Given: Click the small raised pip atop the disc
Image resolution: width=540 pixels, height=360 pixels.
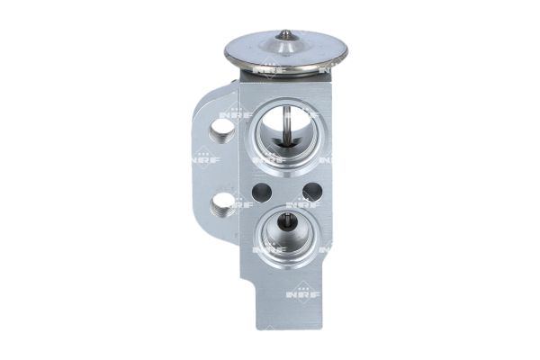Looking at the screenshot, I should point(284,35).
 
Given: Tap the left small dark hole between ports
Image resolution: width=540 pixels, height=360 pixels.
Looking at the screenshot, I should point(260,191).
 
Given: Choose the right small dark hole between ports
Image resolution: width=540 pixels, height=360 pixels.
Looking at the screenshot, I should point(312,191).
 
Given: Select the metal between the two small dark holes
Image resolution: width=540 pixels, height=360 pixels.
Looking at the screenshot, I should point(286,191).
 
